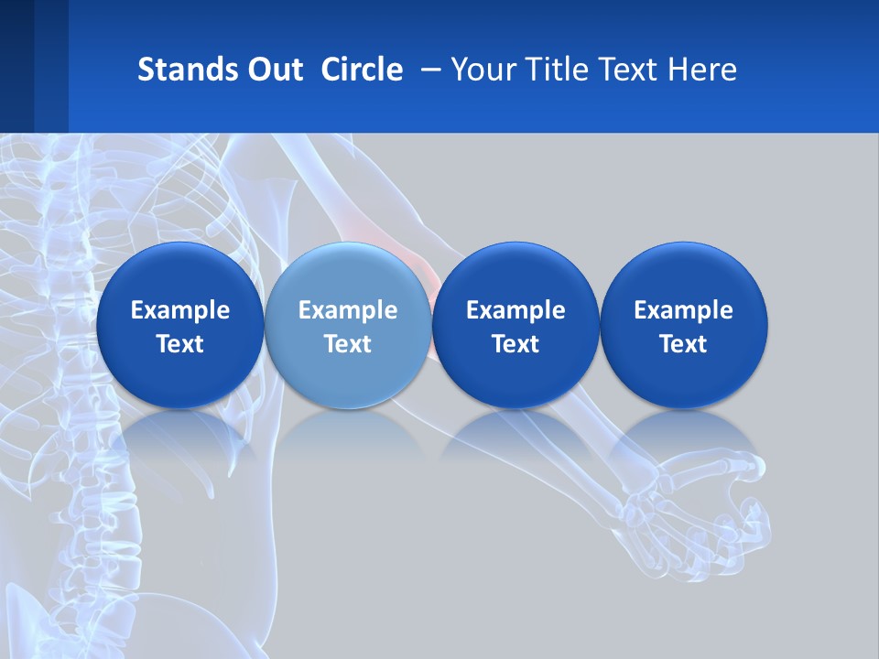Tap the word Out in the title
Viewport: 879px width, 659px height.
[x=275, y=70]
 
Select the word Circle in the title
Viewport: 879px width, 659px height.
[x=362, y=70]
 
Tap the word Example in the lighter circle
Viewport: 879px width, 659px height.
[x=348, y=310]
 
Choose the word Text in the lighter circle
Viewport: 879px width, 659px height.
[x=348, y=344]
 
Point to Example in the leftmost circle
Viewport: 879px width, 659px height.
[x=180, y=310]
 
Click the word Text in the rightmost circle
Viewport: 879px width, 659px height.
[x=683, y=344]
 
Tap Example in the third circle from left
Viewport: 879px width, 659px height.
[x=515, y=310]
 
